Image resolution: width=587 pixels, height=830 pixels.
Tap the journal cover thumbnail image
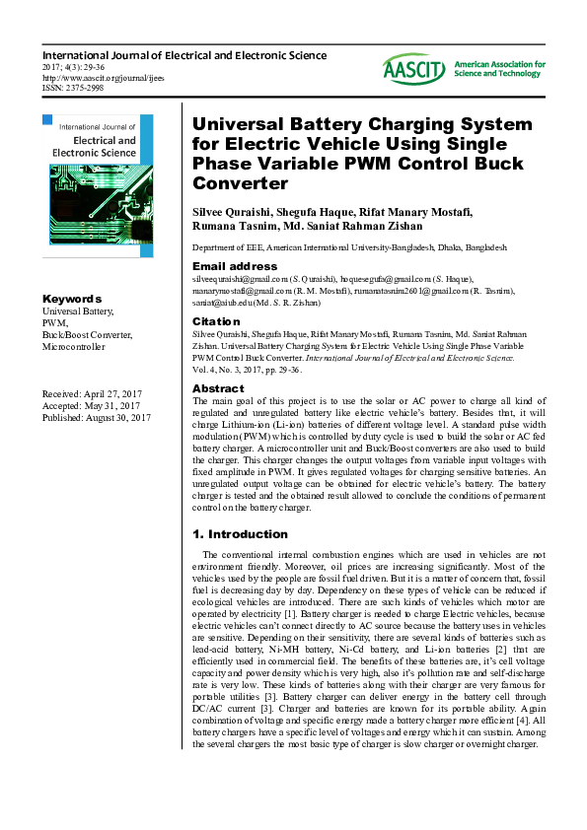pyautogui.click(x=98, y=185)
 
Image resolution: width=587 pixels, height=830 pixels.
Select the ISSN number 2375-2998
pyautogui.click(x=72, y=87)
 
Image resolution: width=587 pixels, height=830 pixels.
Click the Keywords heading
pyautogui.click(x=72, y=299)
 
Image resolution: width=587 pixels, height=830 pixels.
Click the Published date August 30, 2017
pyautogui.click(x=96, y=418)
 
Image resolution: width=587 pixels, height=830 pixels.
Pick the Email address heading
pyautogui.click(x=235, y=266)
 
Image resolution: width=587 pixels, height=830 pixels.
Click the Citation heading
pyautogui.click(x=216, y=321)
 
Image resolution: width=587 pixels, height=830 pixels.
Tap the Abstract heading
pyautogui.click(x=218, y=388)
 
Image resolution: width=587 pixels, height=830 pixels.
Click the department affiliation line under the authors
pyautogui.click(x=349, y=248)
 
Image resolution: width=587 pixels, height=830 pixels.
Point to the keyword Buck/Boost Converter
pyautogui.click(x=87, y=335)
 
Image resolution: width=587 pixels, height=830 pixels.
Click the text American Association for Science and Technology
pyautogui.click(x=499, y=69)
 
